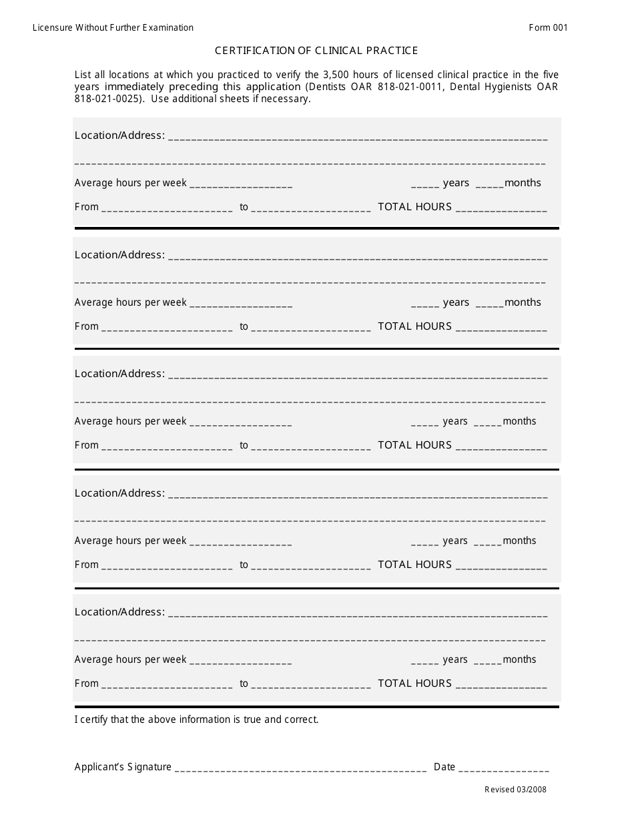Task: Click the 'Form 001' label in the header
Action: pos(548,27)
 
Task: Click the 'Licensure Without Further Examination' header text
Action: pos(113,27)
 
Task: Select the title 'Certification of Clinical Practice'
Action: pos(316,51)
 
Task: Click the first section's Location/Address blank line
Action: pos(358,137)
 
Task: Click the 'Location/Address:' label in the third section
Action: pos(119,374)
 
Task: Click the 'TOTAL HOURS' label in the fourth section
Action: pos(414,565)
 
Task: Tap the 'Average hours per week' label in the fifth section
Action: pos(130,659)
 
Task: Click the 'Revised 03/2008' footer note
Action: pos(515,790)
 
